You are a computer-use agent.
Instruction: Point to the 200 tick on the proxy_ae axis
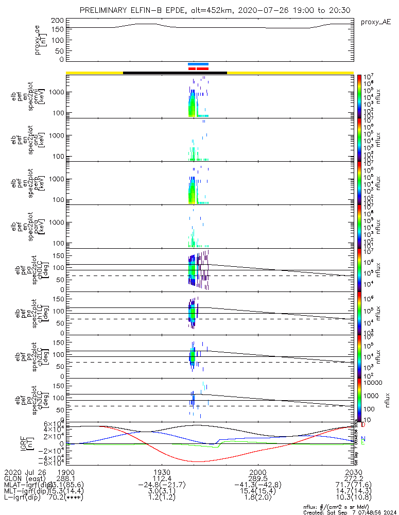[x=58, y=20]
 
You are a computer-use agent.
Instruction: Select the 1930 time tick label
[x=162, y=472]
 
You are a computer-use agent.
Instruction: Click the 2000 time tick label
[x=257, y=472]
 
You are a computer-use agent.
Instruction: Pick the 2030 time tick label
[x=353, y=472]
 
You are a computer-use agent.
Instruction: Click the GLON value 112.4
[x=162, y=479]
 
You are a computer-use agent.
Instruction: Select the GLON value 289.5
[x=257, y=479]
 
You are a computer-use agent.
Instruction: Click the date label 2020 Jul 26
[x=25, y=472]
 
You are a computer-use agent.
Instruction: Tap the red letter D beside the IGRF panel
[x=363, y=425]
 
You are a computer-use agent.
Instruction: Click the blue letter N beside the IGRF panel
[x=363, y=439]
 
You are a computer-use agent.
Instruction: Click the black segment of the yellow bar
[x=175, y=73]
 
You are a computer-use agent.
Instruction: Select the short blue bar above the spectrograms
[x=198, y=64]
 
